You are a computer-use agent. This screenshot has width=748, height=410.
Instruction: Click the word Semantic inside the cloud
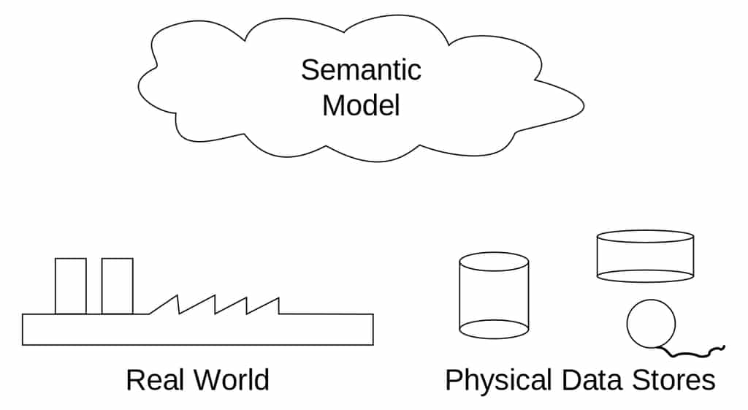tap(361, 70)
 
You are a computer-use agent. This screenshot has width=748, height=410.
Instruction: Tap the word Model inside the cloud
tap(361, 105)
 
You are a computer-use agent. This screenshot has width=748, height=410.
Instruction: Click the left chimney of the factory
tap(70, 286)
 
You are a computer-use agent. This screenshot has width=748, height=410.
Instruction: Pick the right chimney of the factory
tap(117, 286)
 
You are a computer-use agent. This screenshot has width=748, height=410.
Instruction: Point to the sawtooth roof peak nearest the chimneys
tap(178, 297)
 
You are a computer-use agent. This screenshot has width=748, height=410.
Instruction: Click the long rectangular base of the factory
tap(197, 330)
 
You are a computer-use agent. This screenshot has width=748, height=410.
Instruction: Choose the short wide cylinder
tap(645, 256)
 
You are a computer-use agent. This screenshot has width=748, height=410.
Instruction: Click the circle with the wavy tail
tap(651, 324)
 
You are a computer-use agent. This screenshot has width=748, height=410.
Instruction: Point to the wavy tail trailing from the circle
tap(698, 353)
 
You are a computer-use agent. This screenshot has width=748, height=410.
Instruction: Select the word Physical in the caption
tap(498, 381)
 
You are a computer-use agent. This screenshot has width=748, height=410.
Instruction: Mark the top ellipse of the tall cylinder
tap(493, 262)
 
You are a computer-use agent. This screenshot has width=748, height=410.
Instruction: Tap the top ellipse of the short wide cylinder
tap(645, 237)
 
